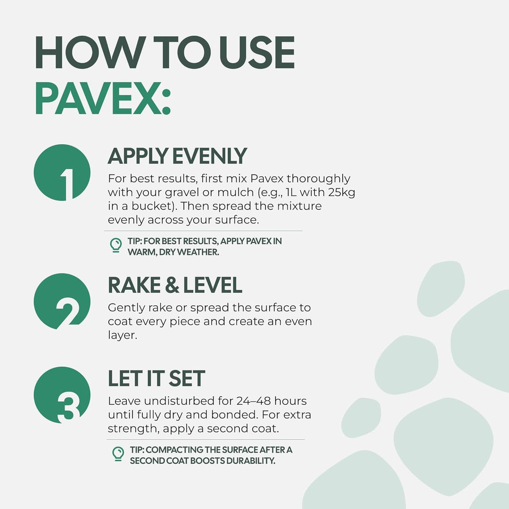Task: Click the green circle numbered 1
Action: [x=62, y=172]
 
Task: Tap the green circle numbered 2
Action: [x=62, y=301]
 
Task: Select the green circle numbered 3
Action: [x=62, y=395]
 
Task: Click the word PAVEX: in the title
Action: [x=103, y=98]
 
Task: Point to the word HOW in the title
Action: [x=90, y=52]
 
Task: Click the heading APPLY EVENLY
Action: [x=177, y=156]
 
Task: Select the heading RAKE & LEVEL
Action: [x=175, y=285]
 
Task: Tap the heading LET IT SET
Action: [x=156, y=378]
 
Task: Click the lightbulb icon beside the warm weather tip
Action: [x=116, y=246]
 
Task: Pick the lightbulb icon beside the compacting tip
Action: [x=118, y=454]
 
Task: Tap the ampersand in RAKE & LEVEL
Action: [x=172, y=285]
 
